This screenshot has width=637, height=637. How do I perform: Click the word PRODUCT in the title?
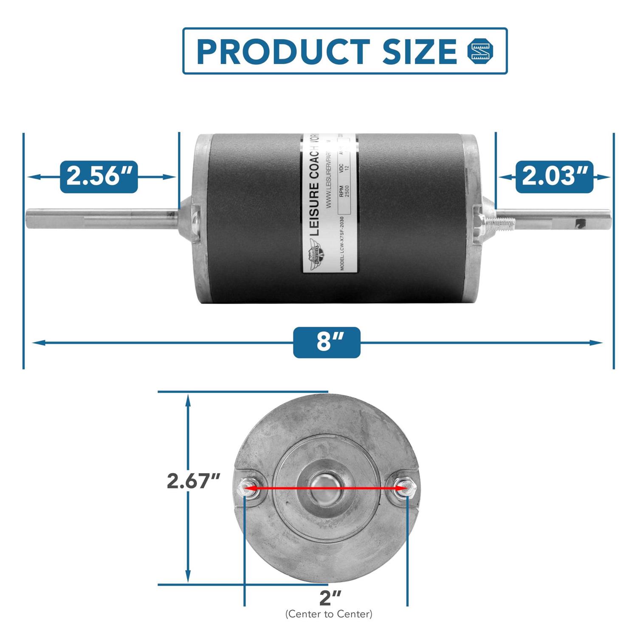point(283,52)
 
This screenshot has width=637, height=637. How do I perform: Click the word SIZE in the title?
point(419,52)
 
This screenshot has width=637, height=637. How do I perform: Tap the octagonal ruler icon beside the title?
point(481,51)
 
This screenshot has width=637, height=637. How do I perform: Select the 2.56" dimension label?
point(99,177)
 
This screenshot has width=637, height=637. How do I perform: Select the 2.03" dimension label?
point(554,177)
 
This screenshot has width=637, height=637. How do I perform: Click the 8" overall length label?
point(327,342)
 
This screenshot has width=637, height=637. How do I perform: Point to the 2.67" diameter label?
point(193,481)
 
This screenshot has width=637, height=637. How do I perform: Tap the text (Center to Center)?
point(329,614)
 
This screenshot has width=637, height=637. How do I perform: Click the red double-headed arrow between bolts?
point(326,488)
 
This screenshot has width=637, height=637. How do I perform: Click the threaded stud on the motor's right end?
point(504,222)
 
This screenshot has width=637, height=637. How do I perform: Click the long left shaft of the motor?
point(102,217)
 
